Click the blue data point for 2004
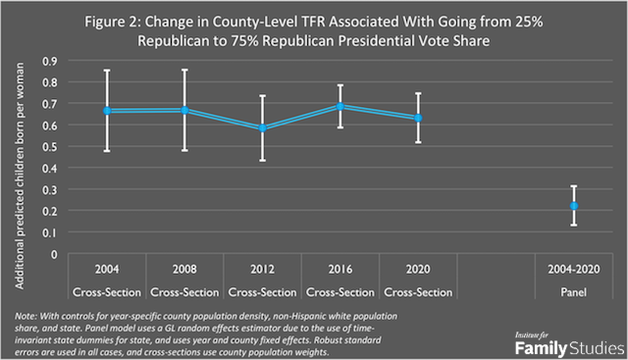pos(108,111)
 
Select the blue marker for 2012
pos(262,128)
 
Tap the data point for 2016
pos(340,105)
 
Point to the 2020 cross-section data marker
pos(417,118)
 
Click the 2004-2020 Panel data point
pos(574,206)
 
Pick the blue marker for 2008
pos(184,110)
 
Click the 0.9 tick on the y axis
pos(49,61)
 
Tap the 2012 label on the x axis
pos(262,268)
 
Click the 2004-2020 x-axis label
pos(574,268)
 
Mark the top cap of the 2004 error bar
pos(108,71)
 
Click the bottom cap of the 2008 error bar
pos(184,150)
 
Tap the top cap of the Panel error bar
pos(574,186)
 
